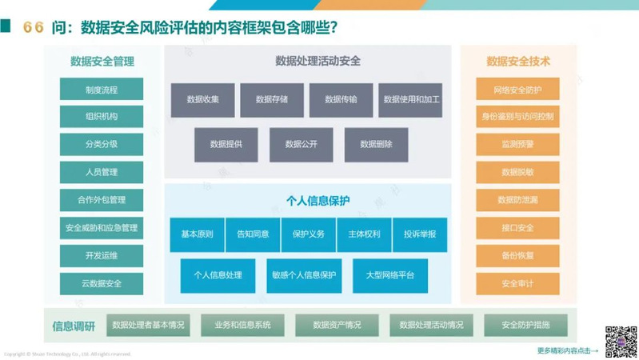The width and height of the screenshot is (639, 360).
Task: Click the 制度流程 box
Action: click(102, 89)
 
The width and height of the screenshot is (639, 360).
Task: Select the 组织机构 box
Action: click(102, 117)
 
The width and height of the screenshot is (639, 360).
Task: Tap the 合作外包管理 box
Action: click(102, 200)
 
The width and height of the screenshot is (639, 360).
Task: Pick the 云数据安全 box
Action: click(102, 283)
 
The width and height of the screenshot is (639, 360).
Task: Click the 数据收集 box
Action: click(203, 100)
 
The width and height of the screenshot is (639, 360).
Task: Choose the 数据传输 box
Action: click(341, 100)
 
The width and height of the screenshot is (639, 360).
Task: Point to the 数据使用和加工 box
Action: click(410, 100)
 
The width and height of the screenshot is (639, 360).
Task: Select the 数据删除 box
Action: click(376, 144)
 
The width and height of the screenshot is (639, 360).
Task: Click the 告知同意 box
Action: click(253, 234)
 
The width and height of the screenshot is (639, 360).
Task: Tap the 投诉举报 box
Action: click(420, 234)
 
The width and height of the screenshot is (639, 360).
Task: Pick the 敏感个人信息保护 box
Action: click(304, 275)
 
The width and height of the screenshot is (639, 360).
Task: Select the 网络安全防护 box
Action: click(517, 89)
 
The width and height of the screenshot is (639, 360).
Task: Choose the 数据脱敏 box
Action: click(517, 172)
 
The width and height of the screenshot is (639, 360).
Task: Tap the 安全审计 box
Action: click(517, 283)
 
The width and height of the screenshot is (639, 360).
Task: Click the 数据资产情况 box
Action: click(337, 325)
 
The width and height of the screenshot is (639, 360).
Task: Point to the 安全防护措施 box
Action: click(525, 325)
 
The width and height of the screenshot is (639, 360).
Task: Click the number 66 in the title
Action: click(34, 27)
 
